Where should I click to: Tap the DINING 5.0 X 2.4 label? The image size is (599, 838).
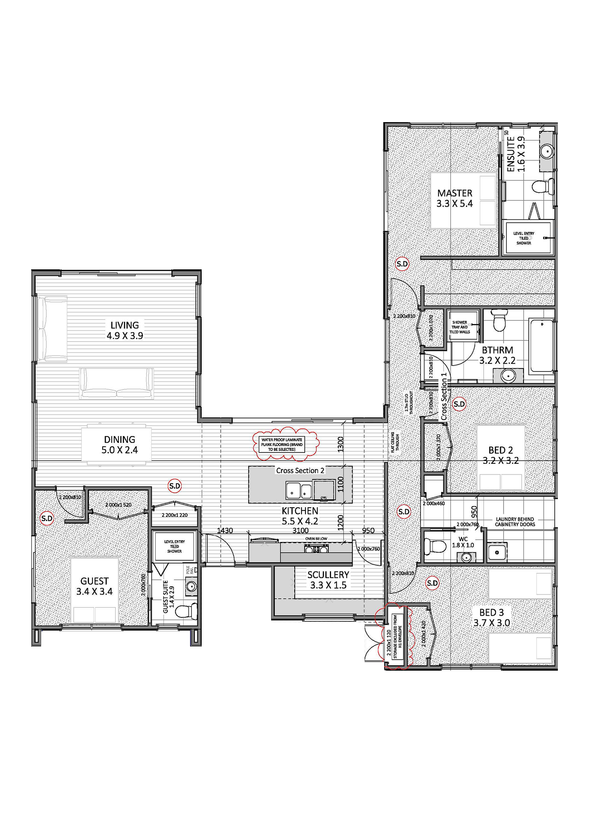click(119, 445)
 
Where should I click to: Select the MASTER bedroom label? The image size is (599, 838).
click(454, 198)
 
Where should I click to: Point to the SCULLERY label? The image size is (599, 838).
click(328, 580)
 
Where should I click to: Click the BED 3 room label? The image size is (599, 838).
click(492, 617)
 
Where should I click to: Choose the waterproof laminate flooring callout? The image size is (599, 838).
click(282, 445)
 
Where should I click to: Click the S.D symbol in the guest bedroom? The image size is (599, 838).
click(47, 518)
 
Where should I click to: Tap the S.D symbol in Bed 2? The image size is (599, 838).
click(459, 404)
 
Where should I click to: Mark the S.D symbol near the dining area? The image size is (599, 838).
click(175, 486)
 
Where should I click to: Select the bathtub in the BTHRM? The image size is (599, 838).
click(541, 345)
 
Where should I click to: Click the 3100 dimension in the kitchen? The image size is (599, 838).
click(300, 530)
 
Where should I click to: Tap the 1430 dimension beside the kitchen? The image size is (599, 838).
click(225, 530)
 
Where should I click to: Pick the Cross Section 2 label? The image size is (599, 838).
click(300, 470)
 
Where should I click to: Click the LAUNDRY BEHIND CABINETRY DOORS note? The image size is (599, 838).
click(515, 522)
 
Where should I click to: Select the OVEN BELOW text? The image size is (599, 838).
click(316, 539)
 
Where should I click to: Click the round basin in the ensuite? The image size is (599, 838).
click(546, 151)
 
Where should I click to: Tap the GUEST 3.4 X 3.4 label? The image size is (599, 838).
click(95, 586)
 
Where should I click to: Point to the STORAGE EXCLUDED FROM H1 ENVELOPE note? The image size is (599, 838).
click(398, 637)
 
